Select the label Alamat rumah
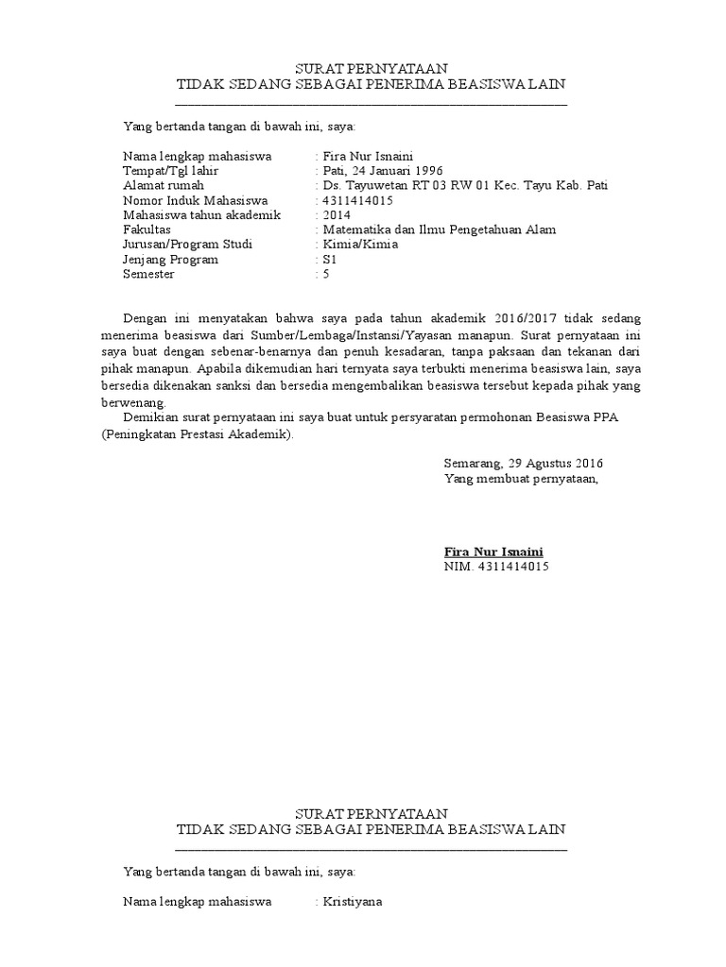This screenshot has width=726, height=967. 164,186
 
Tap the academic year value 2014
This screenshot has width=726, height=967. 337,215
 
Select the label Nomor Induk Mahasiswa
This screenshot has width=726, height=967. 196,200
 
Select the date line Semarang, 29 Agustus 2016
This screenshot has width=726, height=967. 523,464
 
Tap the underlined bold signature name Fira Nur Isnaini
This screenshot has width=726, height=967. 493,551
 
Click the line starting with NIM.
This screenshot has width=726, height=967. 495,567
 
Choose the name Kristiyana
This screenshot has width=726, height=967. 352,902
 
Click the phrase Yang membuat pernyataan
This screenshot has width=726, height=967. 521,479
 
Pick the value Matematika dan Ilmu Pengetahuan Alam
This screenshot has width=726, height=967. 439,229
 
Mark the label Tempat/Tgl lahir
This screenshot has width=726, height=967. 171,171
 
